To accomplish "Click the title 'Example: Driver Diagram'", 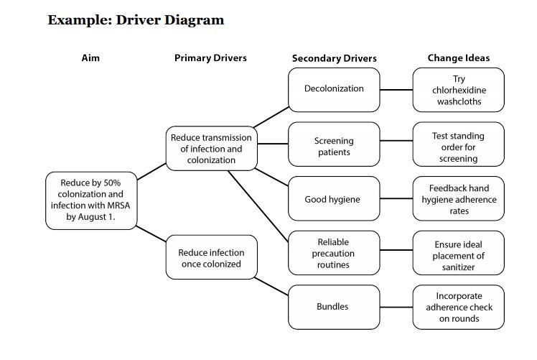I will (x=136, y=20).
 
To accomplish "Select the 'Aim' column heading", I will (x=90, y=58).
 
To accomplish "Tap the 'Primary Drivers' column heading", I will (x=210, y=58).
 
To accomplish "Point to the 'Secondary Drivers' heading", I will (x=334, y=58).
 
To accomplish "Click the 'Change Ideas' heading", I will (x=458, y=58).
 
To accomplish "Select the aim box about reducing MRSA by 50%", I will (x=90, y=200).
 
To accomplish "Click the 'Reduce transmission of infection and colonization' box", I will (x=211, y=149).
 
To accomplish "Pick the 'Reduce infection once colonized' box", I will (x=211, y=257).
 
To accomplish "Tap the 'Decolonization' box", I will (x=334, y=89).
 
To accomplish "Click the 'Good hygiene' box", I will (x=334, y=198).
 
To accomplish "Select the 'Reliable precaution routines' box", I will (x=334, y=253).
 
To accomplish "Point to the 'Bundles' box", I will (x=334, y=307).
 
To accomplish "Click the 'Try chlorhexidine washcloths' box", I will (x=459, y=90).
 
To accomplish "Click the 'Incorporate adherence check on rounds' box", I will (x=459, y=307).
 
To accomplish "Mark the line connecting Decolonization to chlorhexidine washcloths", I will (x=396, y=90).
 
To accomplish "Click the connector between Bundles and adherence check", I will (x=396, y=307).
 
